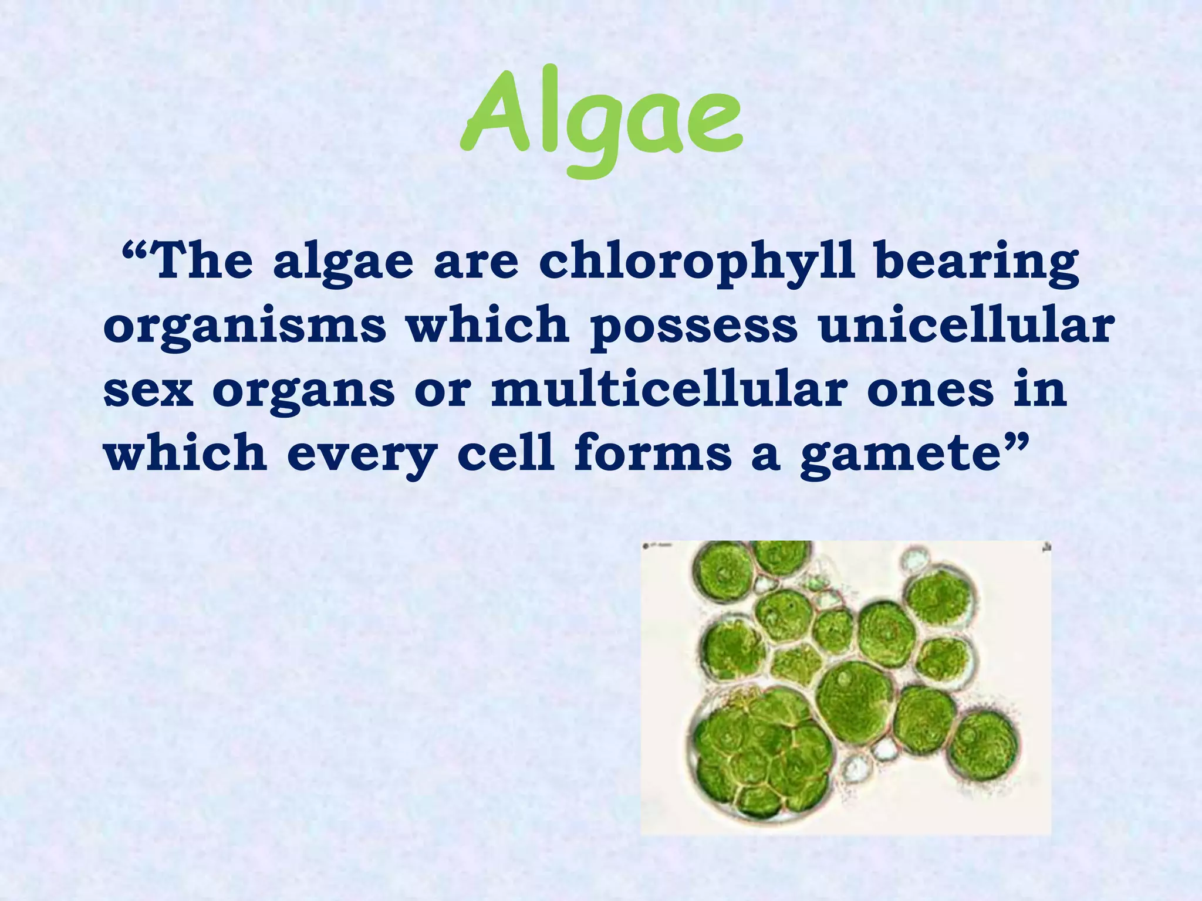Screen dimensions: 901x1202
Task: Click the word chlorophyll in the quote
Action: tap(695, 263)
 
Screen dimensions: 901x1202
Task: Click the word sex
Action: tap(148, 391)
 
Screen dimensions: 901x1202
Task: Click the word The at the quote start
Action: tap(202, 262)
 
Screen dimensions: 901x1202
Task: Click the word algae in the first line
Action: tap(343, 264)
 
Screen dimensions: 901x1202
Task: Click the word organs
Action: tap(303, 392)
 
